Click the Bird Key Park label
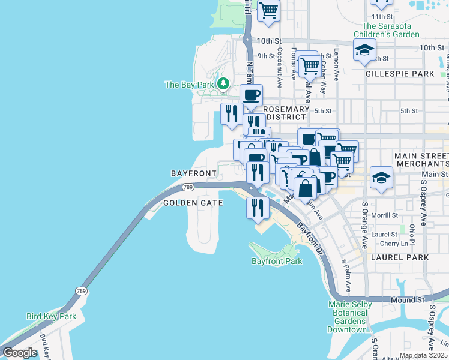pyautogui.click(x=51, y=316)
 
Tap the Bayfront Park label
pyautogui.click(x=277, y=261)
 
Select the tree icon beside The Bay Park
pyautogui.click(x=223, y=83)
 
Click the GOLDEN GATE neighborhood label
pyautogui.click(x=193, y=203)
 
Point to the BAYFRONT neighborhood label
pyautogui.click(x=193, y=173)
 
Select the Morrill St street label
pyautogui.click(x=385, y=215)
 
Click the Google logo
pyautogui.click(x=20, y=353)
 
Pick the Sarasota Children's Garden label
pyautogui.click(x=390, y=30)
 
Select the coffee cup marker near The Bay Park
pyautogui.click(x=251, y=94)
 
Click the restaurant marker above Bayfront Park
pyautogui.click(x=256, y=208)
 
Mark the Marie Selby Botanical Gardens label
pyautogui.click(x=349, y=317)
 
